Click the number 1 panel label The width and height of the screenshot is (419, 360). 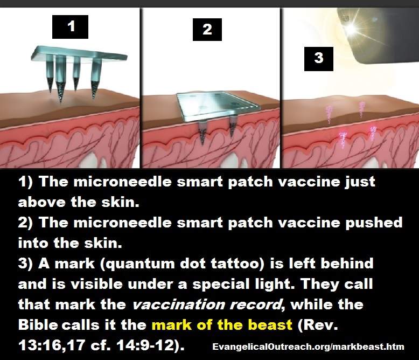[x=70, y=27]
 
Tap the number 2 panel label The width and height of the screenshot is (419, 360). [x=207, y=30]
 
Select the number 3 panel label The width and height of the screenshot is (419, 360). [x=318, y=59]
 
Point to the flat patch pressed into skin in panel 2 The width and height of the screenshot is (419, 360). [x=218, y=106]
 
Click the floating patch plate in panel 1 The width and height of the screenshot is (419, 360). [x=79, y=54]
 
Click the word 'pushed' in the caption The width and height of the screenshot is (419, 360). [x=374, y=223]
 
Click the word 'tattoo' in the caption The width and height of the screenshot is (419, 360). [x=236, y=264]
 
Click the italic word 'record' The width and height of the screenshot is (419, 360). [x=256, y=305]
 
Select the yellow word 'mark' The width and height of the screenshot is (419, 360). [x=172, y=325]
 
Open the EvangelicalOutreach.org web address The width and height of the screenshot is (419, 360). [x=308, y=347]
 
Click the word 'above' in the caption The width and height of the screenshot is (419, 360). [x=41, y=202]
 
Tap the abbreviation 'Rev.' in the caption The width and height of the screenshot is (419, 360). [x=317, y=325]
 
